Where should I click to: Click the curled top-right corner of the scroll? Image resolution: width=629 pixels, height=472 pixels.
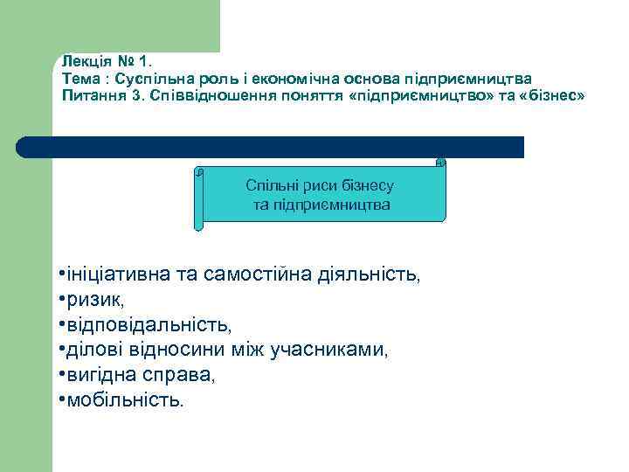(x=440, y=162)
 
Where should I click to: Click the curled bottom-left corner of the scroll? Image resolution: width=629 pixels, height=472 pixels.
(x=198, y=226)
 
